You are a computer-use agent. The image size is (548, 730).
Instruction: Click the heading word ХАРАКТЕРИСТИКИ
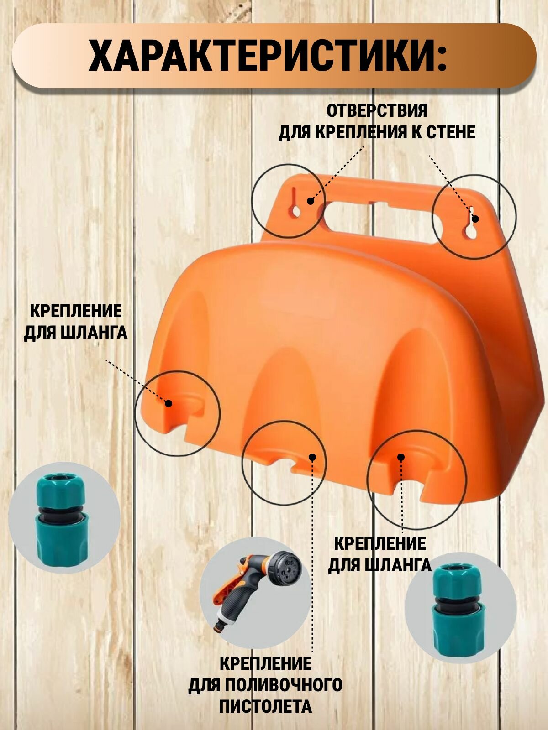267,56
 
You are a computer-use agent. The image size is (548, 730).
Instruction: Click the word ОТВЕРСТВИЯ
377,111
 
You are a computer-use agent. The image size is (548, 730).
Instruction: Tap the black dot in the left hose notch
168,403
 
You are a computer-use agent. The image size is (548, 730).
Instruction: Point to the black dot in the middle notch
312,457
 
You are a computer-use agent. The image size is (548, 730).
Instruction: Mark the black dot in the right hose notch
401,457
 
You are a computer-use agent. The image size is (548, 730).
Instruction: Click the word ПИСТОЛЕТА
265,707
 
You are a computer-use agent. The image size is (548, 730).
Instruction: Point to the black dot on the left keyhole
310,201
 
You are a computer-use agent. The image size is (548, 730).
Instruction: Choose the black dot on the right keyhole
475,218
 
